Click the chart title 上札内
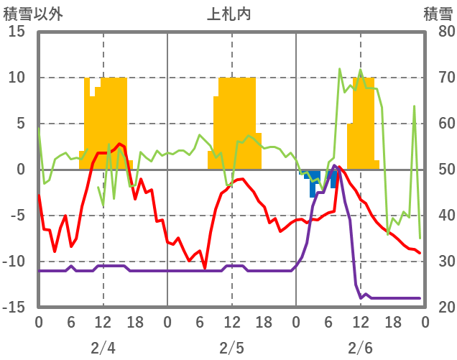point(228,13)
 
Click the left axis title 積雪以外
point(33,13)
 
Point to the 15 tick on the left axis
point(16,32)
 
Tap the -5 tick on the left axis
point(16,216)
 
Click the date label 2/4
point(103,349)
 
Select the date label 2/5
point(231,349)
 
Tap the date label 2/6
point(361,349)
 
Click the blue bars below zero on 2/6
point(315,183)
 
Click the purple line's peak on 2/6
point(335,165)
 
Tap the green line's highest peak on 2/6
point(340,69)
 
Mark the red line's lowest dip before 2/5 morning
point(205,268)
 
